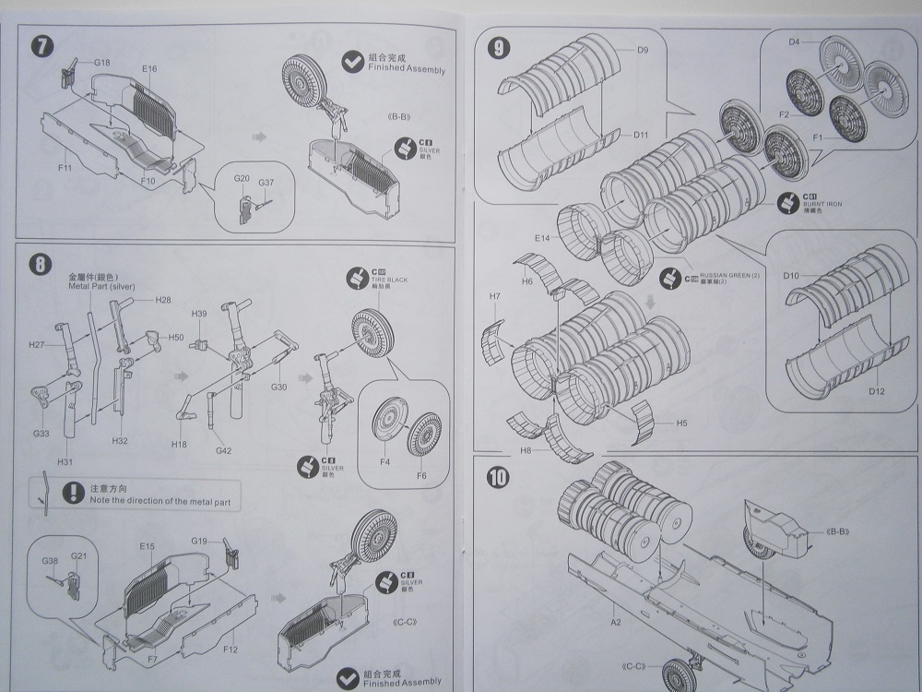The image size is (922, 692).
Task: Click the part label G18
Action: point(101,62)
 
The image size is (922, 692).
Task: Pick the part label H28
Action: point(163,300)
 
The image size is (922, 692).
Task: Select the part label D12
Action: point(876,391)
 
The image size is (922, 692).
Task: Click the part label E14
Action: point(543,238)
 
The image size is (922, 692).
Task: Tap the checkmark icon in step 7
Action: point(351,62)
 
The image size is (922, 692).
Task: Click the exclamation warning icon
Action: point(68,493)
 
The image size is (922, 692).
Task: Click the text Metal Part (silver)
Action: point(101,286)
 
